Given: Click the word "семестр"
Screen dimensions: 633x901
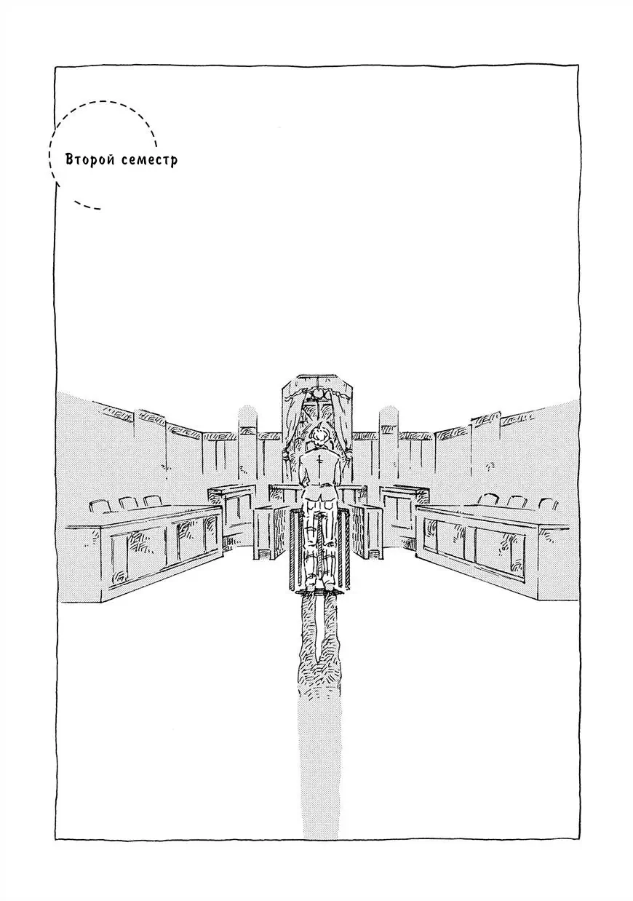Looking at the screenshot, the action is tap(149, 160).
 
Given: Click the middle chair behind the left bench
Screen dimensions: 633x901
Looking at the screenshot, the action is tap(128, 503).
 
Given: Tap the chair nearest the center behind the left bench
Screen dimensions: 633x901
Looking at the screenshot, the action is tap(152, 501).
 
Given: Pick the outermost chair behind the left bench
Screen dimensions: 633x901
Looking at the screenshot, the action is tap(100, 506).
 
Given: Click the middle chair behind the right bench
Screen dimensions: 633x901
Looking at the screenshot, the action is tap(517, 502).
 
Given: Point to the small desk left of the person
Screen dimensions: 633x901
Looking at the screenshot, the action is tap(271, 532).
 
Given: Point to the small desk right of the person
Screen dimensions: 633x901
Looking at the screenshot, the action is tap(365, 532).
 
